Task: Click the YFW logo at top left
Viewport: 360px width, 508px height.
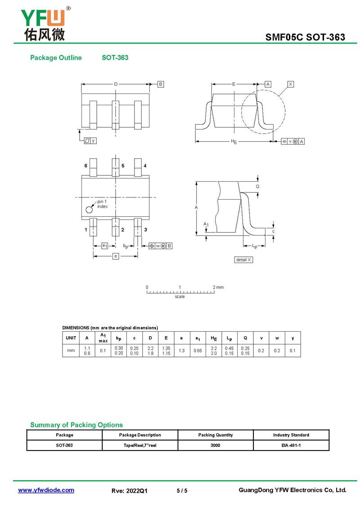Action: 45,24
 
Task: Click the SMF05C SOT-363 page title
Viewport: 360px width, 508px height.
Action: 305,37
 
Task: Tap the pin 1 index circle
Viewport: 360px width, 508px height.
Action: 89,209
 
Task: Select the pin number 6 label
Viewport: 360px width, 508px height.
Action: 85,165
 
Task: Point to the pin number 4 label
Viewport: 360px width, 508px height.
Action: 145,165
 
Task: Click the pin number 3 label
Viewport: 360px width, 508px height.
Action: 146,230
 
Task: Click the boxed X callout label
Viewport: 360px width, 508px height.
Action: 290,84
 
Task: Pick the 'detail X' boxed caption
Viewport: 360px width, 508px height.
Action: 243,260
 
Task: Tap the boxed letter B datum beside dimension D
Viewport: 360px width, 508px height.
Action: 161,84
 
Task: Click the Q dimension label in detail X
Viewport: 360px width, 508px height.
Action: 258,186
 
